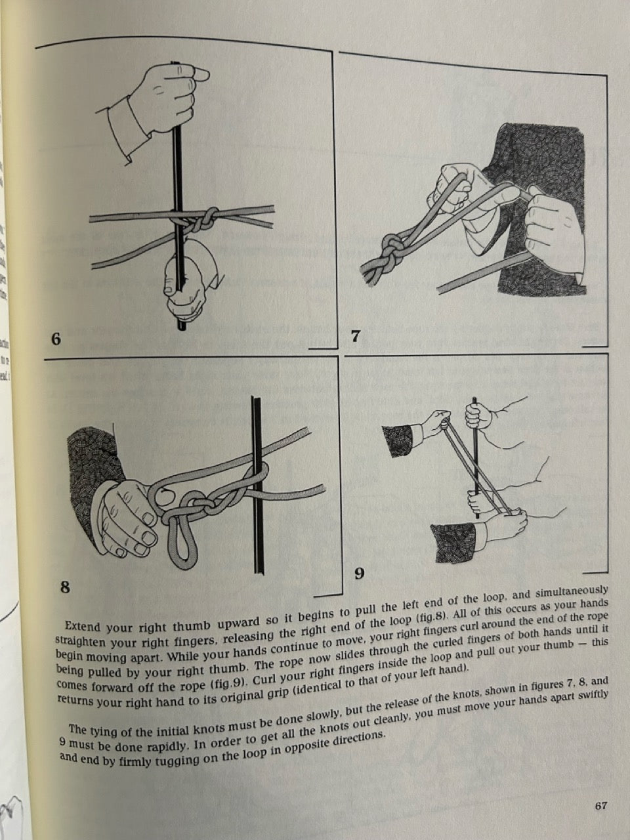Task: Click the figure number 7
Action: pos(355,337)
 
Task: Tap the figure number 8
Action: pos(65,587)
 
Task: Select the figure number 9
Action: pos(359,574)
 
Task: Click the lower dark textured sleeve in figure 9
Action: pos(453,541)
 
